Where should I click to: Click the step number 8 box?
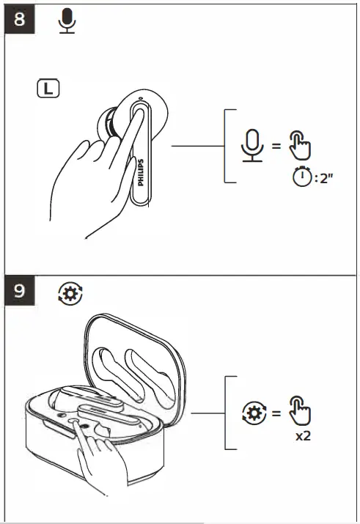tap(20, 19)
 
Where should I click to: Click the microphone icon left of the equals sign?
tap(251, 145)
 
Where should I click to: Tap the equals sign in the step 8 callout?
tap(276, 146)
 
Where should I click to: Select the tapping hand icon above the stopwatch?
tap(299, 145)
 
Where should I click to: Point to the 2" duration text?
tap(325, 179)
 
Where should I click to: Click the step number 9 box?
tap(20, 290)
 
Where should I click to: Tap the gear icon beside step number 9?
tap(70, 294)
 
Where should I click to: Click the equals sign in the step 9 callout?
tap(276, 413)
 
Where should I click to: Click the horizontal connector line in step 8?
tap(198, 146)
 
